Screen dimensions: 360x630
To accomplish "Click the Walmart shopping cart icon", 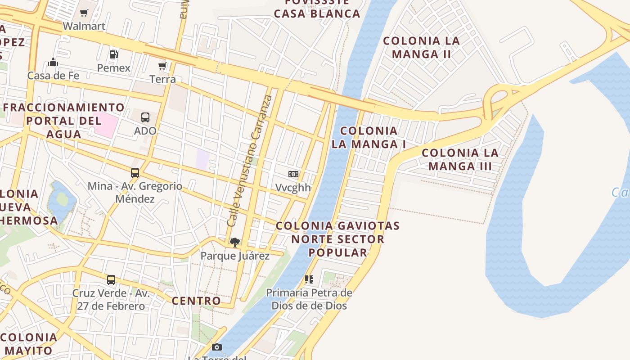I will pos(84,13).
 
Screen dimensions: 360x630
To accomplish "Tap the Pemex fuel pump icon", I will pos(114,54).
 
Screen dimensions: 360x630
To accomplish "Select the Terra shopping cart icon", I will pos(162,66).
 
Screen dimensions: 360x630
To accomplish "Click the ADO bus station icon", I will pos(145,117).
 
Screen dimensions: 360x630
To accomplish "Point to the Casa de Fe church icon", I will pos(53,62).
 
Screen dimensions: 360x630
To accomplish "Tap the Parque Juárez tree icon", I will pos(234,243).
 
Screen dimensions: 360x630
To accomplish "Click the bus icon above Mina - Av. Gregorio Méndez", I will pos(135,173).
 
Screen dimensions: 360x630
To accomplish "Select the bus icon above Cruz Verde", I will pos(111,280).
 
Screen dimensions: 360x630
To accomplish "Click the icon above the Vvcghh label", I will pos(293,174).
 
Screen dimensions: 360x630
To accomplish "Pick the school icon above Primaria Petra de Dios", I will pos(309,279).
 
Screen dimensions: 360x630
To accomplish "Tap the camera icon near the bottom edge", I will pos(217,347).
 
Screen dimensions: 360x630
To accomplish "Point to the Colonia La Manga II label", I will pos(421,47).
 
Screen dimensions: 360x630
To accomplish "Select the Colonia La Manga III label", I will pos(460,159).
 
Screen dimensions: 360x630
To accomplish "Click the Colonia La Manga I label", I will pos(369,137).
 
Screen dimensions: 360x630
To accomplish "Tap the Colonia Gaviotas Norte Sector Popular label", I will pos(337,239).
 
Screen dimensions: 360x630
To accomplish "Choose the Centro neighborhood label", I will pos(196,301).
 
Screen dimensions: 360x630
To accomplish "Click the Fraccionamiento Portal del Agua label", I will pos(63,121).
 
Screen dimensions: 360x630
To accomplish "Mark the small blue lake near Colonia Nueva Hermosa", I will pos(61,200).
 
